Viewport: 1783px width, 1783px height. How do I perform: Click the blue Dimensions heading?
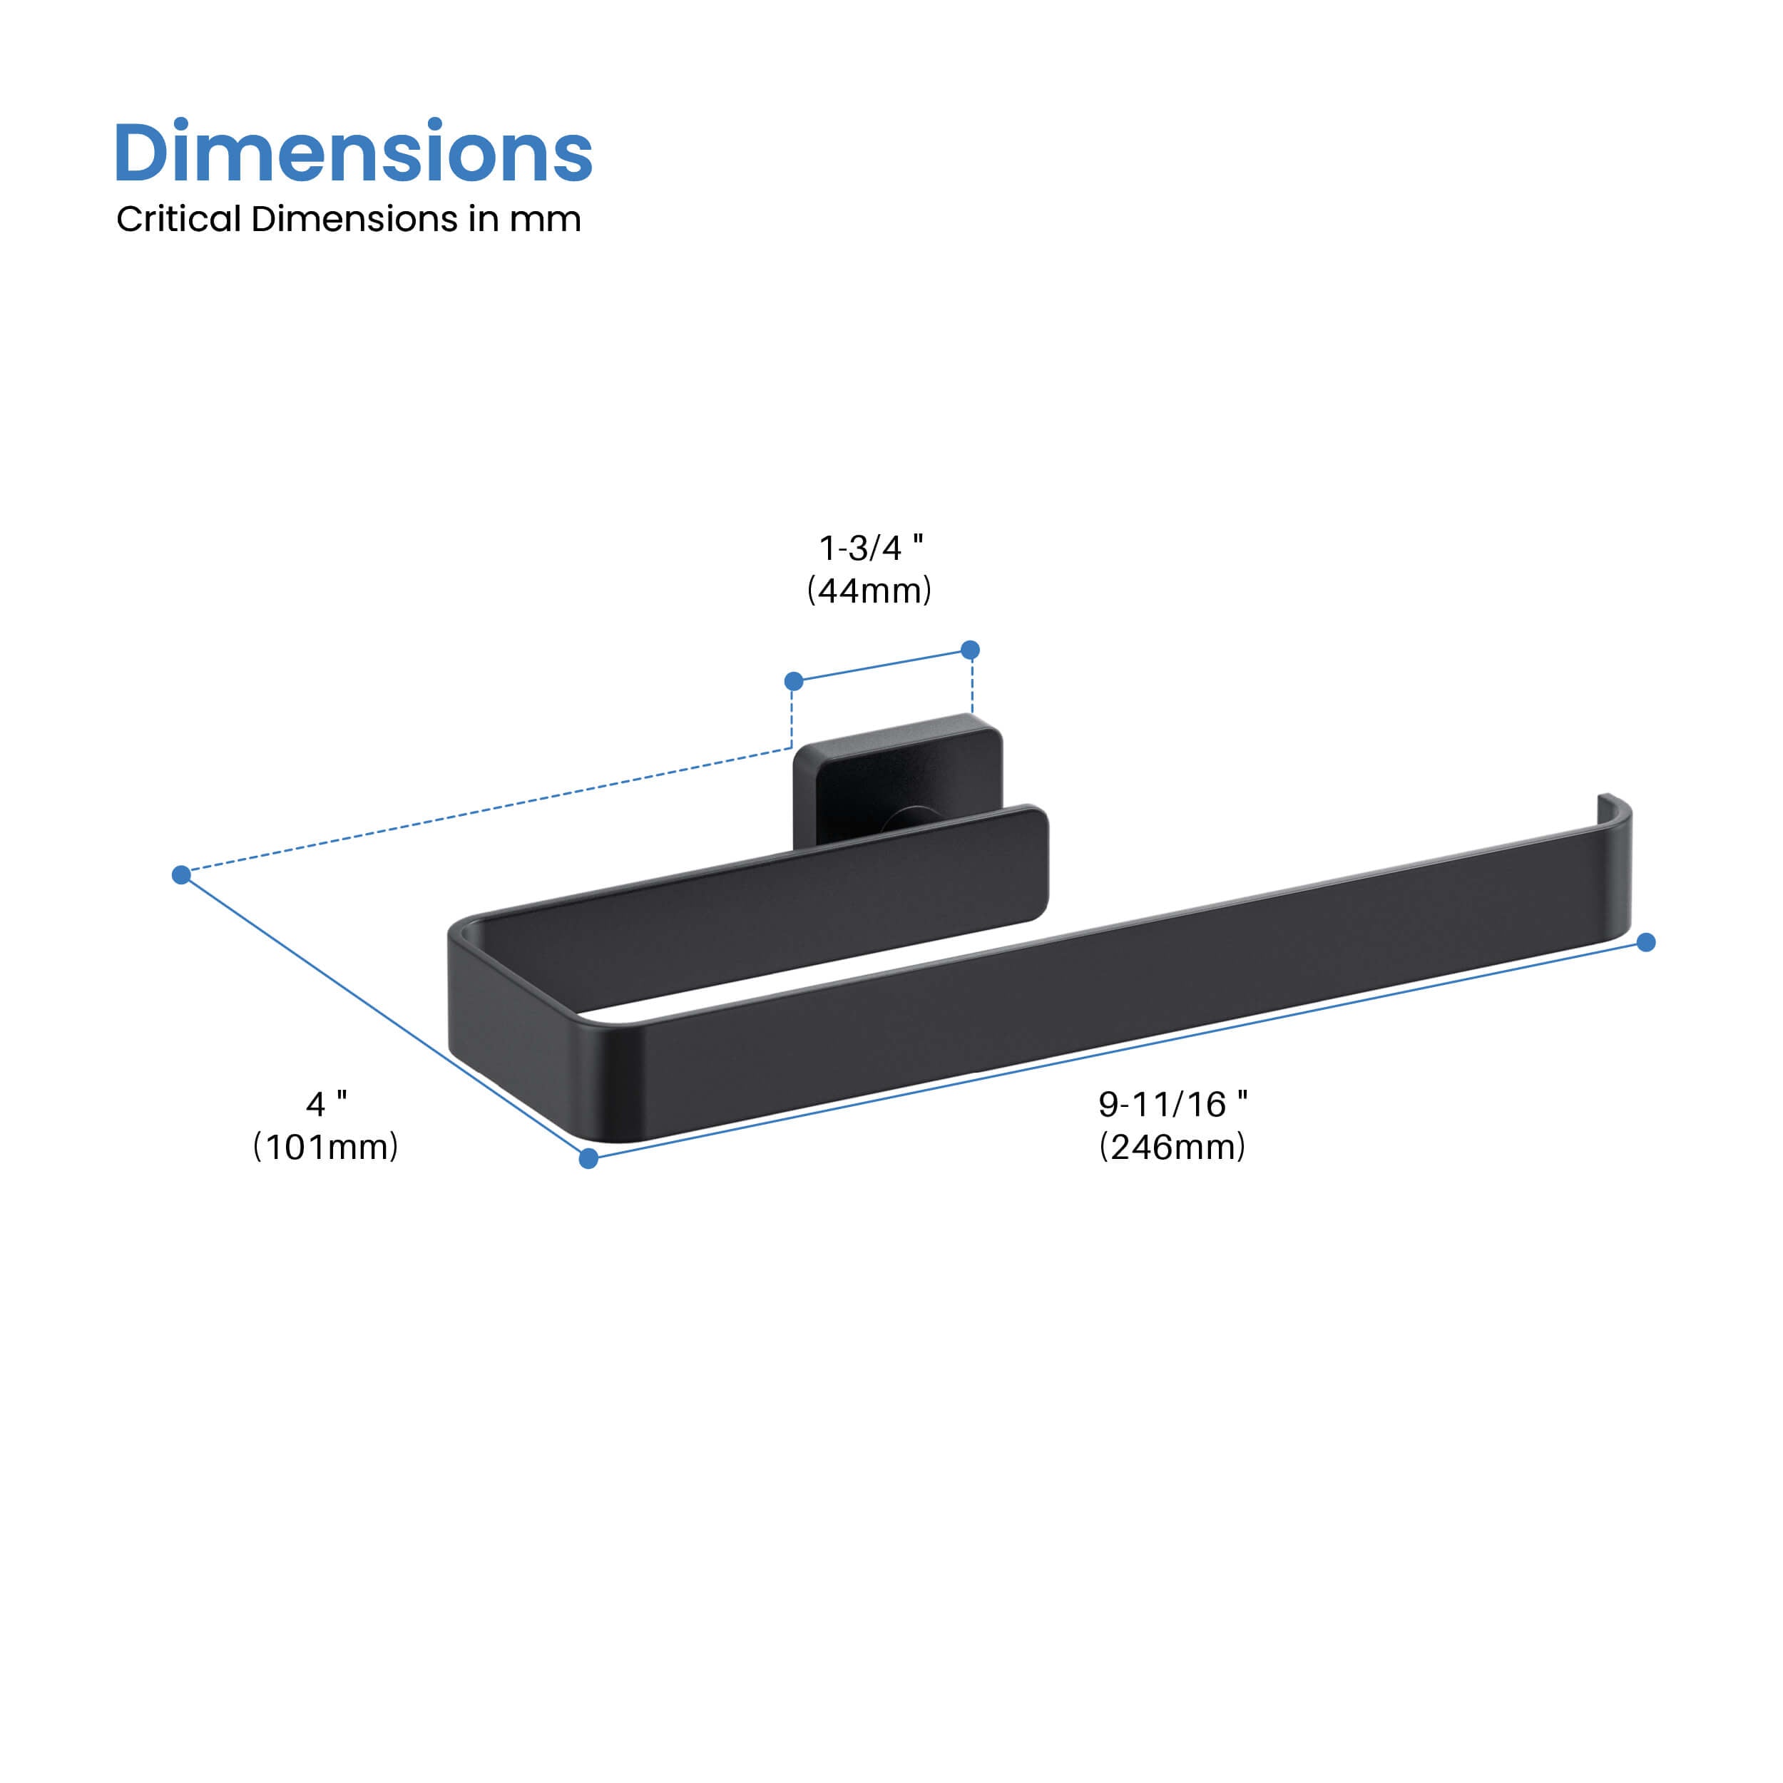tap(352, 153)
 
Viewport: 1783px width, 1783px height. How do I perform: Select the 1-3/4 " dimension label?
tap(870, 548)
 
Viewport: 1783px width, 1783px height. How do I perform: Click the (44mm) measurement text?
tap(869, 591)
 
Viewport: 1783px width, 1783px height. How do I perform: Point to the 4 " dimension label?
tap(326, 1104)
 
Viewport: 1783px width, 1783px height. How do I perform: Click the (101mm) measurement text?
tap(326, 1146)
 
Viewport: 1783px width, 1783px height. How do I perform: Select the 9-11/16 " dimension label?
tap(1172, 1104)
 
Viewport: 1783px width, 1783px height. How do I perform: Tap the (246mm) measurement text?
tap(1172, 1146)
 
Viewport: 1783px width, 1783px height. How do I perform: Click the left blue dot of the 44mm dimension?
tap(794, 681)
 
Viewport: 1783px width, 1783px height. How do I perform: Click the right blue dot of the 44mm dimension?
tap(970, 650)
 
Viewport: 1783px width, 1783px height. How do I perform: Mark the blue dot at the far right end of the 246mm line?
tap(1645, 942)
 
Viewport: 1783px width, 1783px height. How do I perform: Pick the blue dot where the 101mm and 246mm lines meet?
tap(588, 1159)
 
